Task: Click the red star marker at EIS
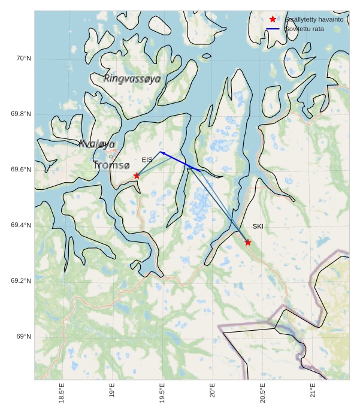tap(137, 176)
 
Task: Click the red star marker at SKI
tap(248, 242)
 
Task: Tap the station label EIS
tap(147, 160)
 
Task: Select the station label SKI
tap(258, 226)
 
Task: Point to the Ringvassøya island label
tap(132, 78)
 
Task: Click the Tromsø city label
tap(111, 164)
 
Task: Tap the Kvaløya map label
tap(96, 144)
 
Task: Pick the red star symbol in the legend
tap(273, 19)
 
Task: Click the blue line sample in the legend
tap(273, 29)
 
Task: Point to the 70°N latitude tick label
tap(23, 58)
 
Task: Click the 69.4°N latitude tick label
tap(21, 225)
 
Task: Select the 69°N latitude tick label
tap(23, 337)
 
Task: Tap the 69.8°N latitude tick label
tap(21, 114)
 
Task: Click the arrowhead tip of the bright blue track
tap(159, 152)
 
